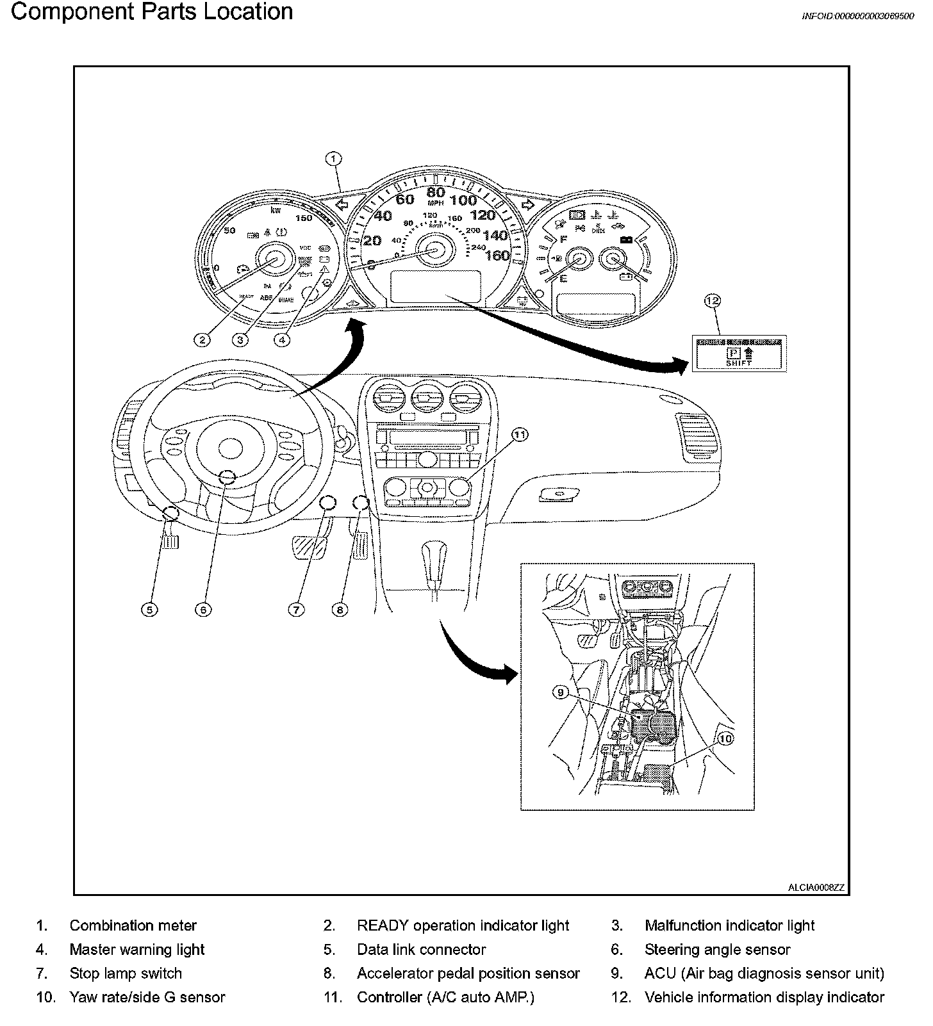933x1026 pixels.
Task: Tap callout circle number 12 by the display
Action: coord(712,299)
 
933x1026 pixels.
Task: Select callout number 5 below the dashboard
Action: coord(149,609)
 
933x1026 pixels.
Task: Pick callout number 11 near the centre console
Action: coord(519,435)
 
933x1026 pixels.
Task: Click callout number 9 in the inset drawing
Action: coord(560,692)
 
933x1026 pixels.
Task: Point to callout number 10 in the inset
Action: coord(724,739)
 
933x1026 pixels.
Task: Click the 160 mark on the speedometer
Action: coord(497,256)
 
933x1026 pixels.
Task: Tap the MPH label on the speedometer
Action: coord(435,202)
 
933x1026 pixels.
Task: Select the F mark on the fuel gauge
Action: coord(563,240)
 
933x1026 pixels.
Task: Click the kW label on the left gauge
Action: coord(276,209)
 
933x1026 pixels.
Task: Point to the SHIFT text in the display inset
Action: coord(739,363)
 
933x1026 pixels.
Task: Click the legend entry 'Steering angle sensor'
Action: coord(717,949)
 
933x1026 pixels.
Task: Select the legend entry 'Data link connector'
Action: coord(421,949)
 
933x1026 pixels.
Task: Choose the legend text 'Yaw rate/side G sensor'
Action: coord(147,997)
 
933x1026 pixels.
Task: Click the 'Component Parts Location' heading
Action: coord(152,12)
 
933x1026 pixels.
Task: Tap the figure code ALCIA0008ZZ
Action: coord(816,888)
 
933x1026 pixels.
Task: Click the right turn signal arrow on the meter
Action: coord(527,204)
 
